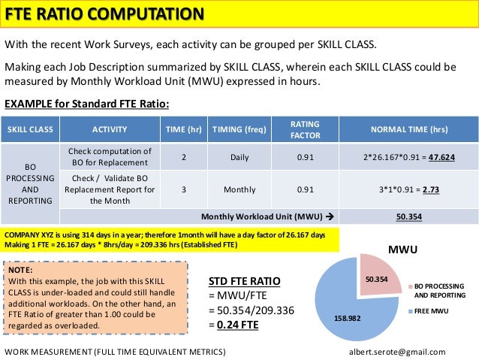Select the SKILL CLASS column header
tap(30, 129)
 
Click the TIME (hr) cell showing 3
tap(184, 189)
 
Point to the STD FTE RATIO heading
tap(244, 281)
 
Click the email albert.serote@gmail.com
tap(397, 352)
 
